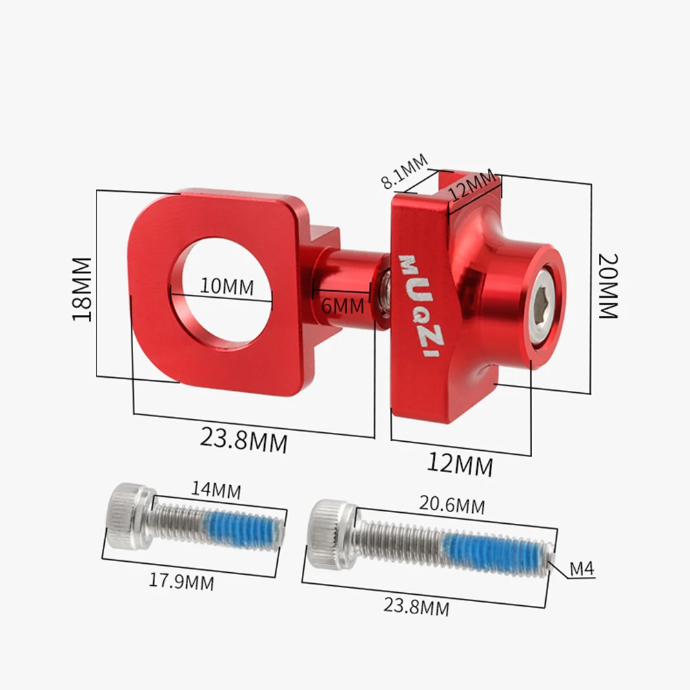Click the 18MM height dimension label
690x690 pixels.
coord(82,289)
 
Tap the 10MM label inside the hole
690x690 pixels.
coord(227,285)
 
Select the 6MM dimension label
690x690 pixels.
coord(343,304)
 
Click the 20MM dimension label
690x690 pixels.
coord(608,286)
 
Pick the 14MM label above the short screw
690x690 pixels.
coord(216,491)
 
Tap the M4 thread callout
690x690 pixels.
coord(582,569)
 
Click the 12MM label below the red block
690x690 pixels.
coord(460,464)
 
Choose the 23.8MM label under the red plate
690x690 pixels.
coord(243,438)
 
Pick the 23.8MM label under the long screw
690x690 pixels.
coord(416,607)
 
